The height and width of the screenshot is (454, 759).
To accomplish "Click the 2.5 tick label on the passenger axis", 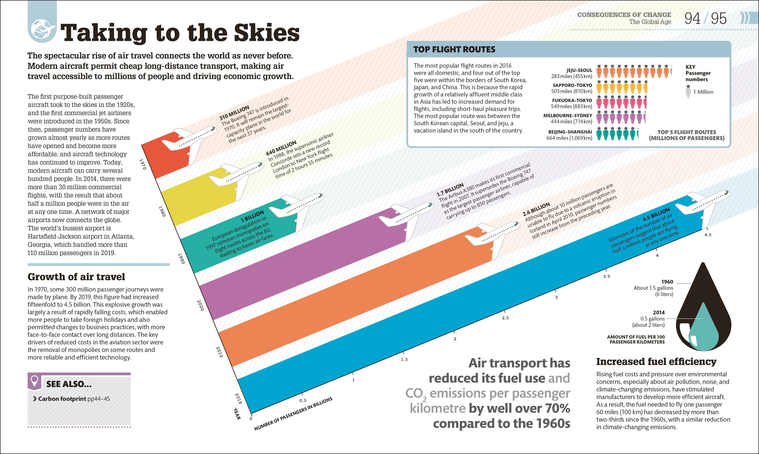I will point(505,318).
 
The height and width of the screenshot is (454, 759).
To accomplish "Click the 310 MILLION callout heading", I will point(234,113).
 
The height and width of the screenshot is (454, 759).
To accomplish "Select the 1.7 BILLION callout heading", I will point(450,190).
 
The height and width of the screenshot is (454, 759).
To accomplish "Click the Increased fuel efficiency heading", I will point(656,362).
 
